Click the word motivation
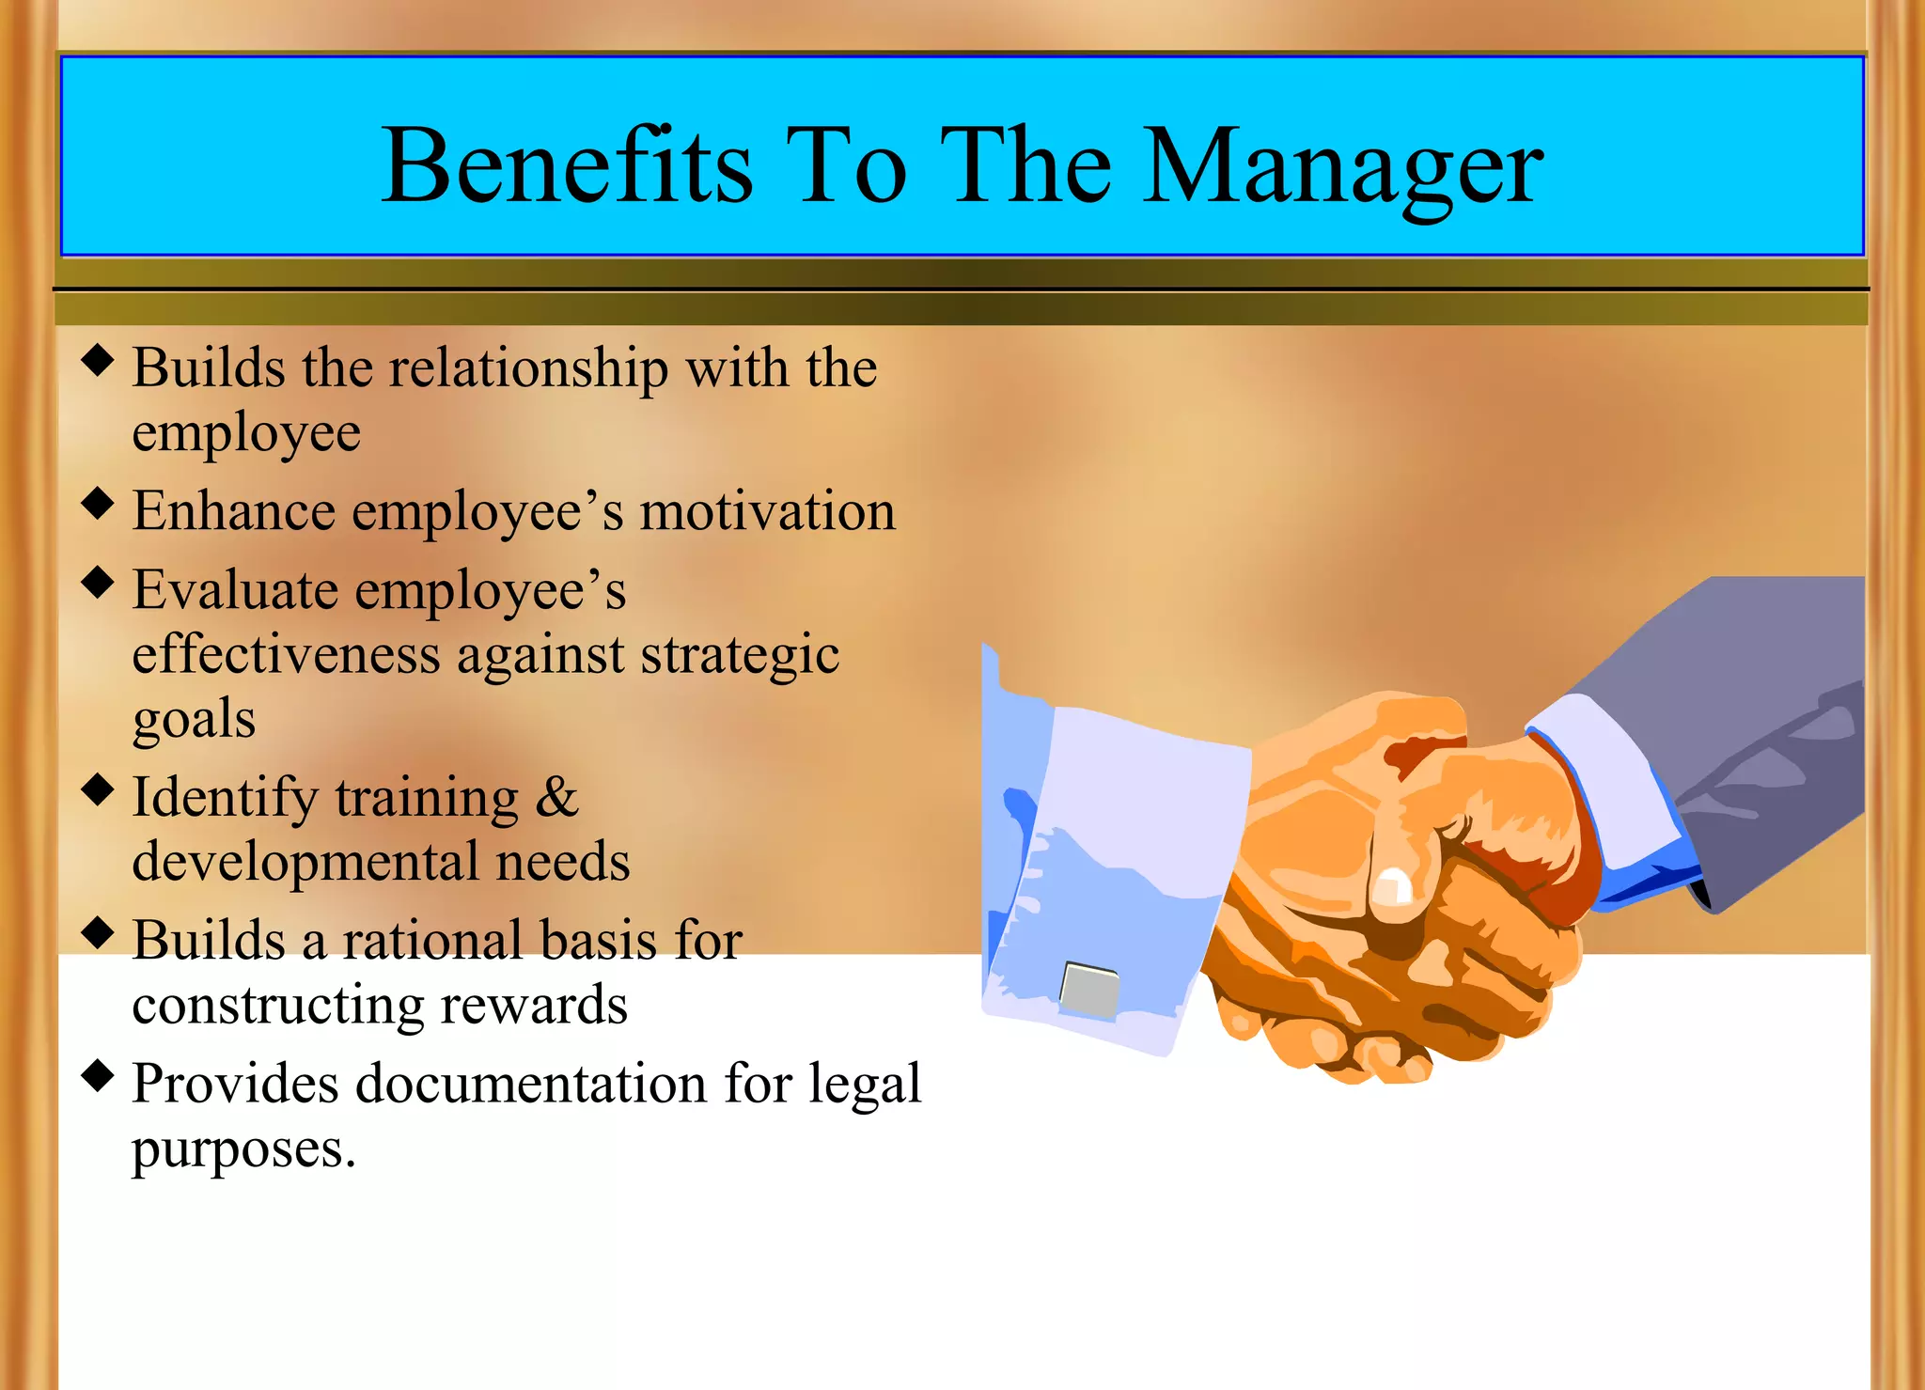[x=767, y=512]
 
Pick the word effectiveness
[x=286, y=655]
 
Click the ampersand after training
[x=556, y=798]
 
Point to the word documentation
[x=531, y=1085]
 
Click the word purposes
[x=242, y=1149]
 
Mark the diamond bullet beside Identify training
[x=98, y=789]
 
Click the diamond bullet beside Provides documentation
[x=98, y=1075]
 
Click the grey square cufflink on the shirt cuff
[x=1088, y=989]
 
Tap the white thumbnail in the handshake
[x=1393, y=886]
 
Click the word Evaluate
[x=235, y=591]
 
